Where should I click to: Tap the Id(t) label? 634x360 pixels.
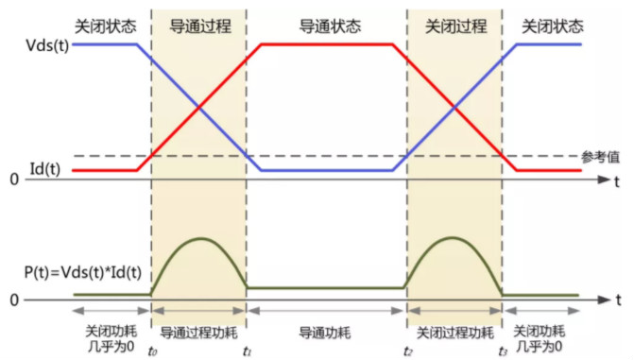click(x=44, y=169)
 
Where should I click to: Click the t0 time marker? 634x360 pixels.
click(x=152, y=351)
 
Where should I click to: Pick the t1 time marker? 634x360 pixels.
click(x=247, y=351)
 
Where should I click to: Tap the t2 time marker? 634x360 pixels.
click(x=407, y=351)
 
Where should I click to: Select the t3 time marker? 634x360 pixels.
click(x=502, y=351)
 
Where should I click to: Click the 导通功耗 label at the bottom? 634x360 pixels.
click(x=327, y=333)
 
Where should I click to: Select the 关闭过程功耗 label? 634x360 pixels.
click(x=454, y=333)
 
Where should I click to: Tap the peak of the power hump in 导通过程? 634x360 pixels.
click(x=199, y=239)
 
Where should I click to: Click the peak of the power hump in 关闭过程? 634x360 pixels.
click(x=454, y=239)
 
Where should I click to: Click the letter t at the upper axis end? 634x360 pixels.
click(x=615, y=179)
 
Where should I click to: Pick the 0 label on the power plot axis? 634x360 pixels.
click(x=14, y=300)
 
